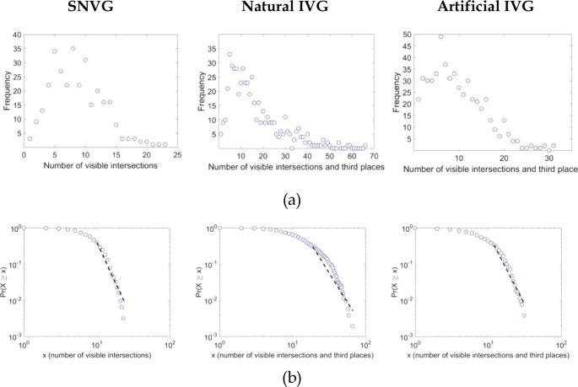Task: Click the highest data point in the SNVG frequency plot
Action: [73, 49]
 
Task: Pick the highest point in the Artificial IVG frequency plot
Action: [440, 36]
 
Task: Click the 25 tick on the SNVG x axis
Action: [177, 157]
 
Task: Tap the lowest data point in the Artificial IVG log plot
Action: [524, 315]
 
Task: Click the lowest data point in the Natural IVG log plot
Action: [352, 326]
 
